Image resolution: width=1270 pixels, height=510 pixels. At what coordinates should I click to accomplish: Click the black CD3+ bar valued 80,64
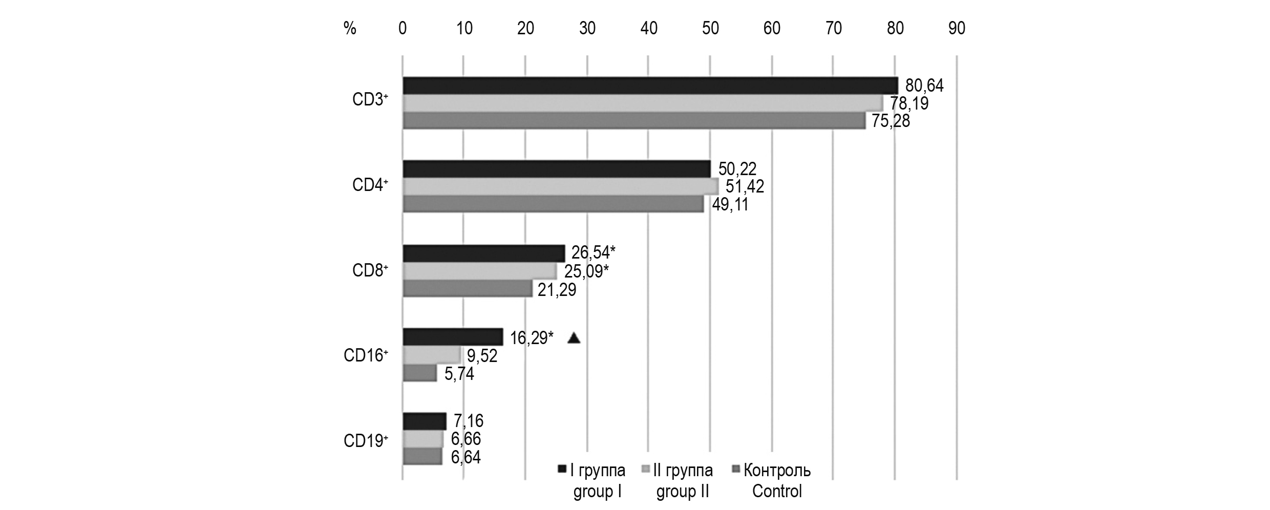[x=650, y=86]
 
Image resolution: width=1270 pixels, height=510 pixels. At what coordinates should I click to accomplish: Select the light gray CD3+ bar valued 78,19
[x=643, y=103]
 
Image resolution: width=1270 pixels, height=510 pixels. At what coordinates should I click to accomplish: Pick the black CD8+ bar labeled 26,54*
[x=484, y=253]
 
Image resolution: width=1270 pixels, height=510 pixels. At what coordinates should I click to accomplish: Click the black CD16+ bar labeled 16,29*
[x=453, y=337]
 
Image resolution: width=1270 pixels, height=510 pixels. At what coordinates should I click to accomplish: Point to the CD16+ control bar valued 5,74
[x=420, y=373]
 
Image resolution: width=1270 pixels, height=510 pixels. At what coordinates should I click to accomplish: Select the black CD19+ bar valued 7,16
[x=425, y=421]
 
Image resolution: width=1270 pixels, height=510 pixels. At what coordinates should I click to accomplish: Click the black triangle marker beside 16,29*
[x=574, y=338]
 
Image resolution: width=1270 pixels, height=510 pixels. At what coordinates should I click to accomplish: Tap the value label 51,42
[x=745, y=186]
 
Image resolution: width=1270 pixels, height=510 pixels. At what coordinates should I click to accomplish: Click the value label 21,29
[x=557, y=290]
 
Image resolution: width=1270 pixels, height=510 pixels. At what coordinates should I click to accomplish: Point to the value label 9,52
[x=482, y=355]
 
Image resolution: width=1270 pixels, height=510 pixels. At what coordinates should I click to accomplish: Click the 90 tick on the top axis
[x=957, y=28]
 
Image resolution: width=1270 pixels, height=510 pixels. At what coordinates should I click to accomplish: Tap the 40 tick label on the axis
[x=649, y=28]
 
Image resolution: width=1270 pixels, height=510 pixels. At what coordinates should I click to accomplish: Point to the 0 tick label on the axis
[x=403, y=28]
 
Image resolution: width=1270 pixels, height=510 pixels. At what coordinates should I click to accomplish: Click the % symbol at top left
[x=350, y=28]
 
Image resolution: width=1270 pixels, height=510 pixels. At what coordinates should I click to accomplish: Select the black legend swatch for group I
[x=562, y=469]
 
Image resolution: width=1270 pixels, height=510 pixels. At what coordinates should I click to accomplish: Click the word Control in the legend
[x=776, y=492]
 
